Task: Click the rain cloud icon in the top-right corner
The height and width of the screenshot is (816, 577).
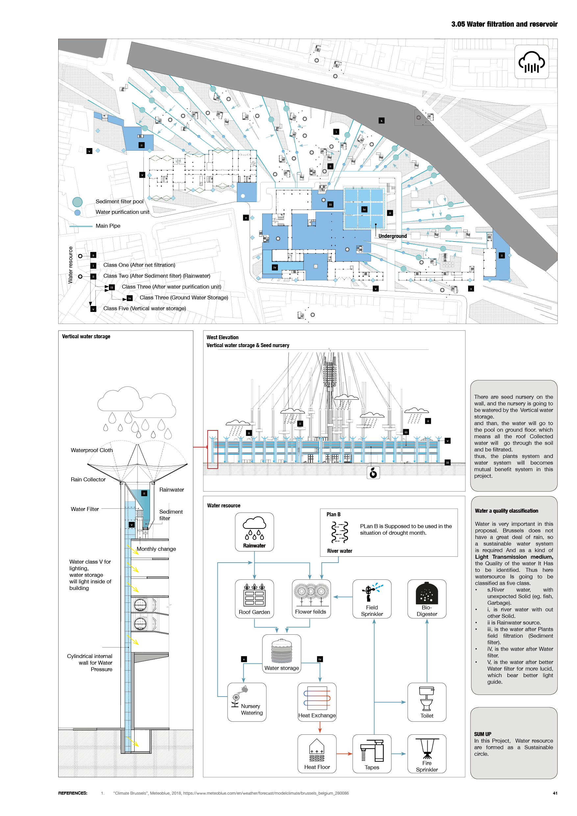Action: point(531,62)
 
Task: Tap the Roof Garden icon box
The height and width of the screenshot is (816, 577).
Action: point(254,599)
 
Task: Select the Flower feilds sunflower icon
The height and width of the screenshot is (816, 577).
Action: point(311,595)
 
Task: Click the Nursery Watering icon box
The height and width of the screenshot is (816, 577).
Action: point(247,702)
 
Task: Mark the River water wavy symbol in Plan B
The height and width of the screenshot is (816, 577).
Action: point(339,532)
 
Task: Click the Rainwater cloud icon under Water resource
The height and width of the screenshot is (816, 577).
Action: point(254,528)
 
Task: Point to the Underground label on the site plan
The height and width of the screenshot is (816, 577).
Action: point(392,236)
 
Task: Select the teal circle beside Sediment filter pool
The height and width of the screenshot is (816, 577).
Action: point(77,202)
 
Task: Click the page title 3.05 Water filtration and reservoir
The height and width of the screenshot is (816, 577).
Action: point(504,24)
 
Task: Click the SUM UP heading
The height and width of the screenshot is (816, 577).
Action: point(483,734)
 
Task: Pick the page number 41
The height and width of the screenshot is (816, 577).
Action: point(555,793)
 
